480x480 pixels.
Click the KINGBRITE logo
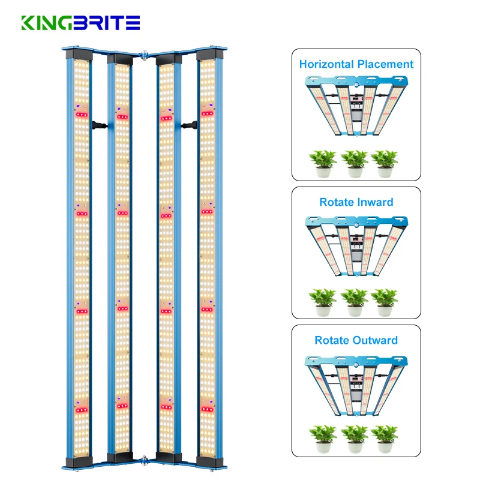pyautogui.click(x=80, y=23)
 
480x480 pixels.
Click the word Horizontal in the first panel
pyautogui.click(x=328, y=64)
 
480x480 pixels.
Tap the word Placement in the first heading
pyautogui.click(x=385, y=64)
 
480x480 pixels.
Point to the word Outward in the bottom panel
pyautogui.click(x=375, y=340)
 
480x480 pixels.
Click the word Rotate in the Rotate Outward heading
pyautogui.click(x=332, y=340)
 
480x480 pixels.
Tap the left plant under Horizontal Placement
pyautogui.click(x=322, y=163)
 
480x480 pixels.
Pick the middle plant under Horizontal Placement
pyautogui.click(x=354, y=163)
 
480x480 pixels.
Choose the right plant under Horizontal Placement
pyautogui.click(x=385, y=163)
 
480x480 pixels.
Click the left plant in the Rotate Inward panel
pyautogui.click(x=322, y=301)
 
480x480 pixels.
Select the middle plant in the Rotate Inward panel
pyautogui.click(x=354, y=301)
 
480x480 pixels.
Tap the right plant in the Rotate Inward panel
pyautogui.click(x=385, y=301)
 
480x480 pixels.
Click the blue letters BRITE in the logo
pyautogui.click(x=107, y=23)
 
